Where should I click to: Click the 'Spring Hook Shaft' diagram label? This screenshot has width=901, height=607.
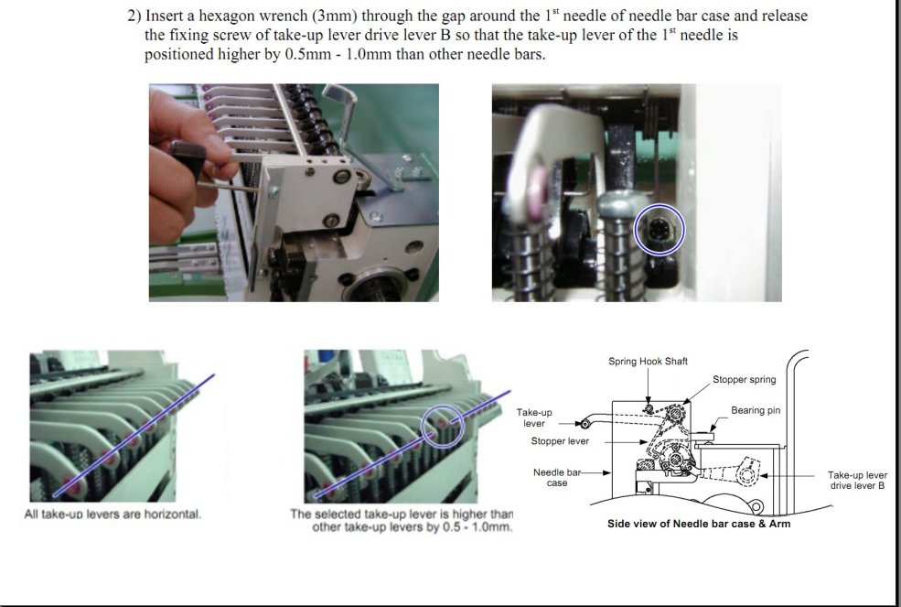point(648,362)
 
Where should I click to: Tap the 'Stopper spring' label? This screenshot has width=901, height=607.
point(745,380)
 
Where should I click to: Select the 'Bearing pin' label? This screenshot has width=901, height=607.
point(756,410)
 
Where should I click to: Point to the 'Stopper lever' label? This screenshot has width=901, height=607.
point(560,441)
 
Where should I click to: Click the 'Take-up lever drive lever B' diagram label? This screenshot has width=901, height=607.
point(857,480)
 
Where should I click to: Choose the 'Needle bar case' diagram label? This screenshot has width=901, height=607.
point(557,478)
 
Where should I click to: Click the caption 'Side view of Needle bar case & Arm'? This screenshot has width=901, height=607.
point(699,524)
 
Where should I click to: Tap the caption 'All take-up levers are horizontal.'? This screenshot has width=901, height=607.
point(113,514)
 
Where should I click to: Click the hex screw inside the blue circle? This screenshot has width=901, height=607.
point(659,230)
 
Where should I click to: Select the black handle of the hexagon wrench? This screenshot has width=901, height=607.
point(188,157)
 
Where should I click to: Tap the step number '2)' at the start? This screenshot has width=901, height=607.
point(134,16)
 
